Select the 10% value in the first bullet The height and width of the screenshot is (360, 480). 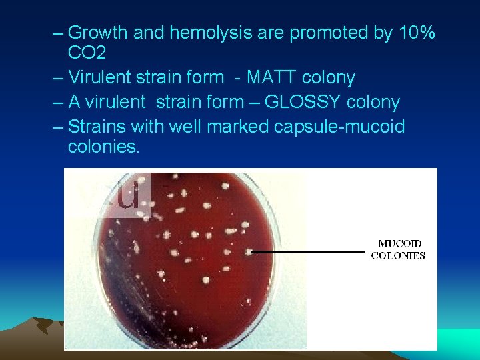pyautogui.click(x=415, y=33)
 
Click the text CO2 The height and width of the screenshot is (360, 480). pyautogui.click(x=87, y=53)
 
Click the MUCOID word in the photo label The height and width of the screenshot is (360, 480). pyautogui.click(x=399, y=243)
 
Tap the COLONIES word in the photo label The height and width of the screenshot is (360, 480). pyautogui.click(x=398, y=255)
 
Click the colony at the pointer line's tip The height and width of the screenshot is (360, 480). pyautogui.click(x=248, y=252)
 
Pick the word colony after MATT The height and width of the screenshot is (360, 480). pyautogui.click(x=329, y=78)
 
